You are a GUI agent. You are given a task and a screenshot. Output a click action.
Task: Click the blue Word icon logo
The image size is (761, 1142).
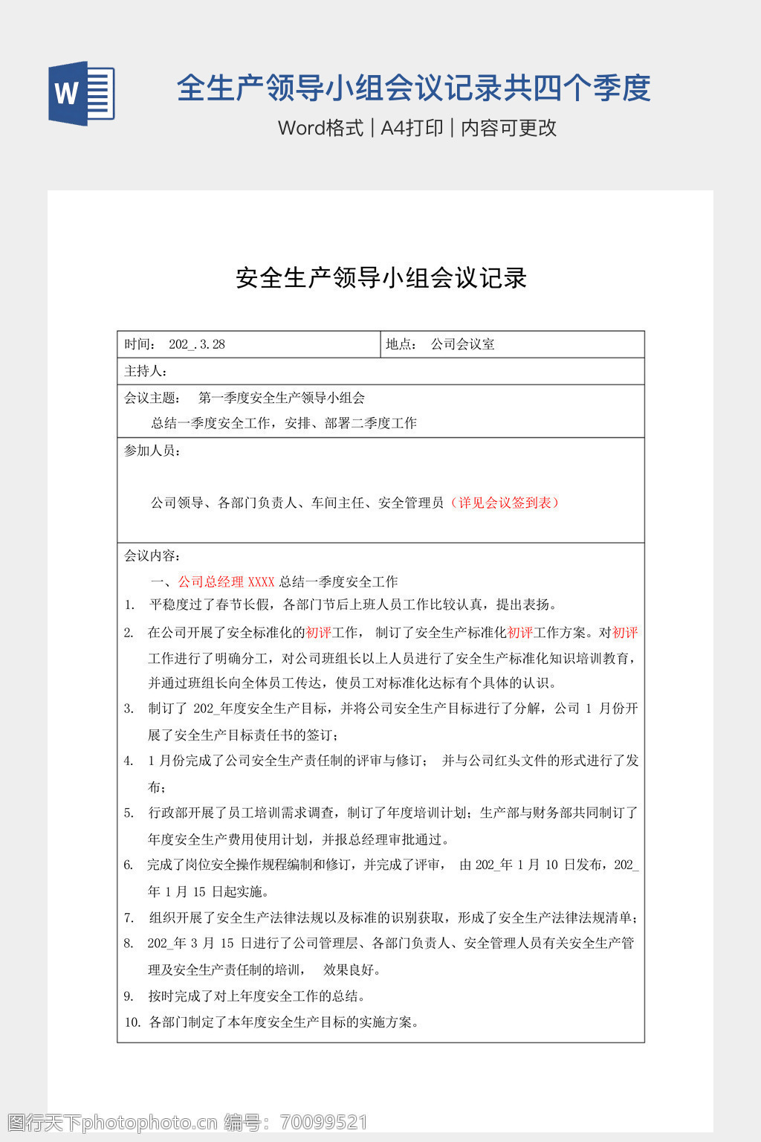coord(82,93)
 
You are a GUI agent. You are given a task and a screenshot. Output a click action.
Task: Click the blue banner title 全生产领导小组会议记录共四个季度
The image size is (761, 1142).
coord(413,88)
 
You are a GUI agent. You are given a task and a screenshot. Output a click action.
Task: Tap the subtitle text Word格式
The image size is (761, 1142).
coord(320,128)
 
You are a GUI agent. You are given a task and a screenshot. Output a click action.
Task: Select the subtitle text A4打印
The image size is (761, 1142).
coord(412,128)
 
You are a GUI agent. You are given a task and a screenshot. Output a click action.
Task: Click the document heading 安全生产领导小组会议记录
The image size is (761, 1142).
coord(381,278)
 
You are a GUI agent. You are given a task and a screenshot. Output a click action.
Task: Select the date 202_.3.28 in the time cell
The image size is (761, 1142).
coord(197,344)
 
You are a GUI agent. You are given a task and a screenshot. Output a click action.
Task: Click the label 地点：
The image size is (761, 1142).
coord(402,344)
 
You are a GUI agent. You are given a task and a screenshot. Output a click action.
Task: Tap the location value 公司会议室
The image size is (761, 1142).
coord(463,344)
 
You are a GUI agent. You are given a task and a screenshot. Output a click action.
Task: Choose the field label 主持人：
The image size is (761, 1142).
coord(146,371)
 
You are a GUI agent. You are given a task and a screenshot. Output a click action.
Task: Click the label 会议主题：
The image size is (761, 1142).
coord(152,398)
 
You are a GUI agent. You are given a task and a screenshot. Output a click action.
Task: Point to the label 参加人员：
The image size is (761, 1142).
coord(152,451)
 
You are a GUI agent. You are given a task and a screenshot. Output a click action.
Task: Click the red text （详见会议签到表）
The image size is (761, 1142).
coord(505,503)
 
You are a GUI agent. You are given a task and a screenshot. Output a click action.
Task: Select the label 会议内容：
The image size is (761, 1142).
coord(152,555)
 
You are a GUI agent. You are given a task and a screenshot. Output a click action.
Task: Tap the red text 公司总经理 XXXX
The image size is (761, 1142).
coord(226,581)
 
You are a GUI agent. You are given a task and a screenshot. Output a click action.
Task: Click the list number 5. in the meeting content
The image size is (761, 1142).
coord(129,813)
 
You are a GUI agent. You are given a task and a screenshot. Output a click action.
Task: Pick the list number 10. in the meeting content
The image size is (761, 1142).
coord(132,1022)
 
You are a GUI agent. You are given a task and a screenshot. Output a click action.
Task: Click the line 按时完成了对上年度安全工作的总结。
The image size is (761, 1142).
coord(256,996)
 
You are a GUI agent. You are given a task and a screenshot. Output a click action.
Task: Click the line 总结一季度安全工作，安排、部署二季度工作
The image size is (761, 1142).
coord(284,423)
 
